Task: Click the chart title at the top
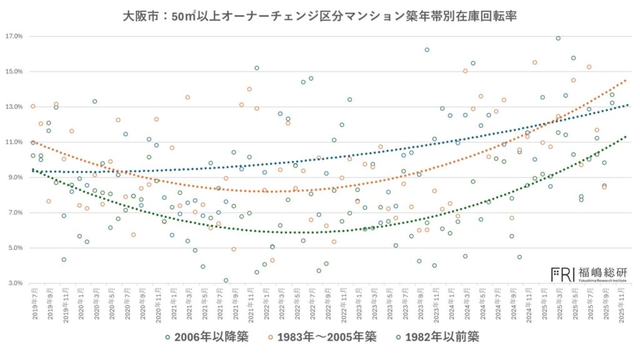pyautogui.click(x=319, y=14)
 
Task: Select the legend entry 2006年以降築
pyautogui.click(x=207, y=337)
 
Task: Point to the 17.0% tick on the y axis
pyautogui.click(x=14, y=36)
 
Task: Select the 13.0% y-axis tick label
pyautogui.click(x=14, y=107)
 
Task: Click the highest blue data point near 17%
pyautogui.click(x=558, y=38)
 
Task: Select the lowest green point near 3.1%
pyautogui.click(x=226, y=281)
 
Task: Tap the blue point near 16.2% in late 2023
pyautogui.click(x=427, y=50)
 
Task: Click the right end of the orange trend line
pyautogui.click(x=626, y=80)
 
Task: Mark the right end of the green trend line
pyautogui.click(x=626, y=136)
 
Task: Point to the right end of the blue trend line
pyautogui.click(x=626, y=105)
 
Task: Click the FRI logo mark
pyautogui.click(x=562, y=273)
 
